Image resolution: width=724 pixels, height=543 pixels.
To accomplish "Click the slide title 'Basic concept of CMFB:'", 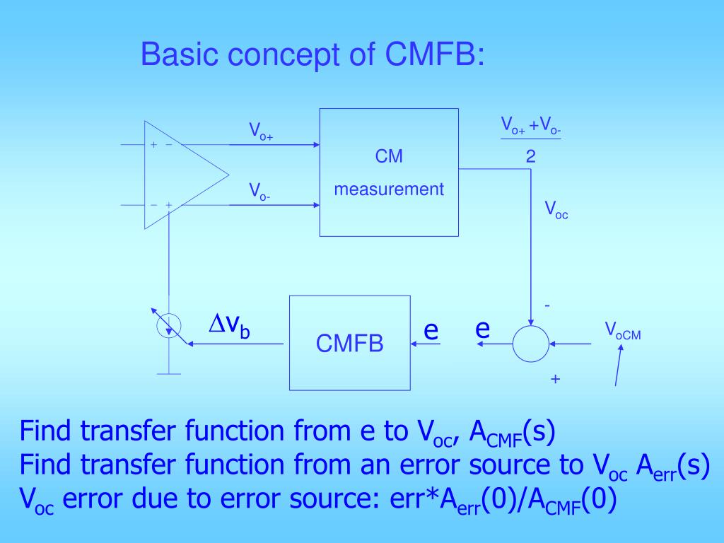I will point(313,55).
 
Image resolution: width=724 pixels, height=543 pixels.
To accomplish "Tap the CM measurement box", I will point(389,172).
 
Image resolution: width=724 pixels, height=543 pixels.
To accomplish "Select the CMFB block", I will point(349,344).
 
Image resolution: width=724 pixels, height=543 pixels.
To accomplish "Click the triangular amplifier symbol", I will point(180,175).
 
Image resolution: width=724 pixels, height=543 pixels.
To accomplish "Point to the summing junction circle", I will point(530,344).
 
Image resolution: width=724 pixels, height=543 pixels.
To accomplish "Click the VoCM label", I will point(622,332).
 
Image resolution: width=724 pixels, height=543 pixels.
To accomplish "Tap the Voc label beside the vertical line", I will point(556,209).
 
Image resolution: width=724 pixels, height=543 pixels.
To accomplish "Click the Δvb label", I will point(228,326).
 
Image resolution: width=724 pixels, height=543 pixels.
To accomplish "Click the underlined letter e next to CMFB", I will point(431,329).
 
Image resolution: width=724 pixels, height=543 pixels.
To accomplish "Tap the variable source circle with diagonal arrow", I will point(169,325).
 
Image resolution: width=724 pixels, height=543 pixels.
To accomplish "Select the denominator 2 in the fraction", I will point(530,156).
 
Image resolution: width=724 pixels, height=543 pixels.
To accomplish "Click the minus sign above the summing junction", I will point(547,305).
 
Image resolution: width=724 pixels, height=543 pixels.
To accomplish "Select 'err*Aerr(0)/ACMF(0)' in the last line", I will point(503,500).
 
